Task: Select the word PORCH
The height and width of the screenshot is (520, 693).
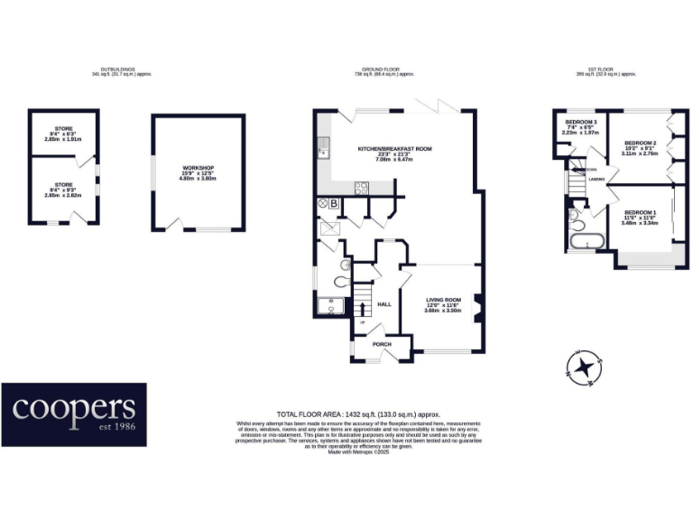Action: click(x=370, y=344)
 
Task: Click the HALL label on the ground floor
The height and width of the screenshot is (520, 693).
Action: click(x=383, y=304)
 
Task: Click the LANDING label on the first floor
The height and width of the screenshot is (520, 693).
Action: click(x=596, y=180)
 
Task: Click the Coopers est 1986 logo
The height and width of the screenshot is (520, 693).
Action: click(x=74, y=414)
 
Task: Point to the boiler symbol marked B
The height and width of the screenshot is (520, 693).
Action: click(x=334, y=204)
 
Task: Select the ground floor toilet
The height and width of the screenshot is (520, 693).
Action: click(x=340, y=281)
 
